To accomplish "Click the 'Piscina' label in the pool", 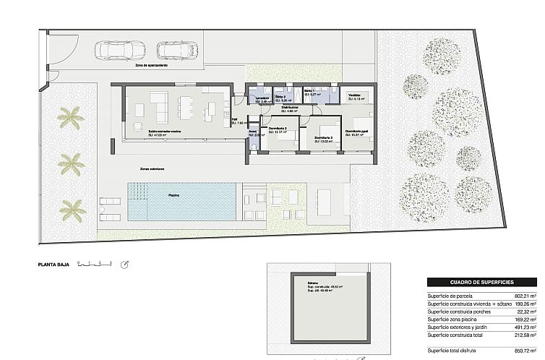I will (174, 195).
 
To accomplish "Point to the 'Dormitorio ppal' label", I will (356, 131).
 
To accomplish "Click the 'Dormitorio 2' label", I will (322, 137).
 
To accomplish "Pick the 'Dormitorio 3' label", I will (278, 129).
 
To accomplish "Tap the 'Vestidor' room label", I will (354, 95).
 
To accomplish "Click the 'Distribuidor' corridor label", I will (290, 108).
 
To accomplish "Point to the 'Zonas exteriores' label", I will (152, 169).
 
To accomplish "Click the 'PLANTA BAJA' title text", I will (54, 265).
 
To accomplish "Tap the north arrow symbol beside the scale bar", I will (125, 265).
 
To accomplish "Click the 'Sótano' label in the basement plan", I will (312, 283).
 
